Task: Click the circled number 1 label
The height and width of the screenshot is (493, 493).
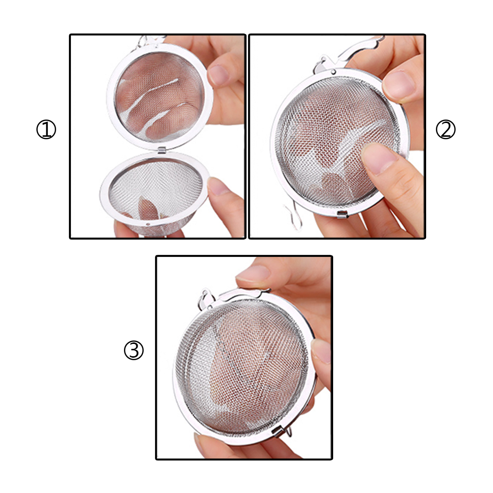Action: click(46, 129)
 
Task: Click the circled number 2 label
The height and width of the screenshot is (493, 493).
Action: click(446, 129)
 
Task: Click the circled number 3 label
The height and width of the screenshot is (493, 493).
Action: click(134, 350)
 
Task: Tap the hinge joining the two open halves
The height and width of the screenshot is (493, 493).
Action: click(161, 150)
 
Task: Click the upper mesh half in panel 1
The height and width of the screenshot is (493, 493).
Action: click(160, 96)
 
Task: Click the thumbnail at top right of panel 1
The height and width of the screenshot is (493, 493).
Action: click(218, 75)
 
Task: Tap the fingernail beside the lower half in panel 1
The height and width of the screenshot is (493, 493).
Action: click(217, 186)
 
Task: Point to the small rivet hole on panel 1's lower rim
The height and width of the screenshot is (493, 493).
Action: click(148, 224)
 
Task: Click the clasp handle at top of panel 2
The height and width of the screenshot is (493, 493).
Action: click(349, 55)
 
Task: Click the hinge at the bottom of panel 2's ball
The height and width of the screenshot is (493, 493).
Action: click(342, 214)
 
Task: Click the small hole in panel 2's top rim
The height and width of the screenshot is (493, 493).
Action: click(333, 72)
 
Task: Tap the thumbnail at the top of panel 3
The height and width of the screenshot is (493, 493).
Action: click(253, 274)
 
